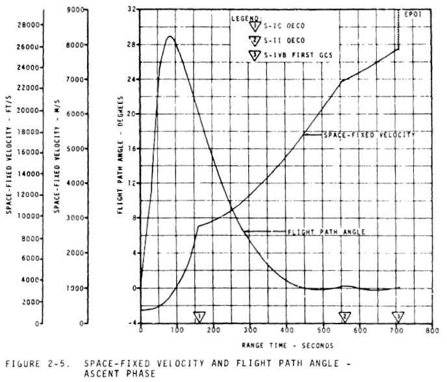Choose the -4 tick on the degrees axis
coord(132,323)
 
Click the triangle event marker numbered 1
coord(200,316)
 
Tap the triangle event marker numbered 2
coord(346,316)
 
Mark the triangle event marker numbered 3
coord(398,316)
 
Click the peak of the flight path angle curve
coord(170,36)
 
